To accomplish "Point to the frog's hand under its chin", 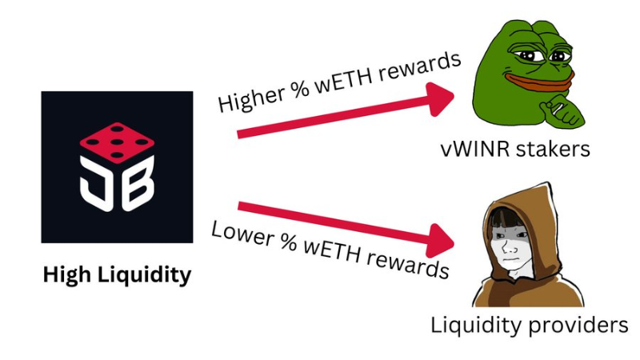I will point(570,112).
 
